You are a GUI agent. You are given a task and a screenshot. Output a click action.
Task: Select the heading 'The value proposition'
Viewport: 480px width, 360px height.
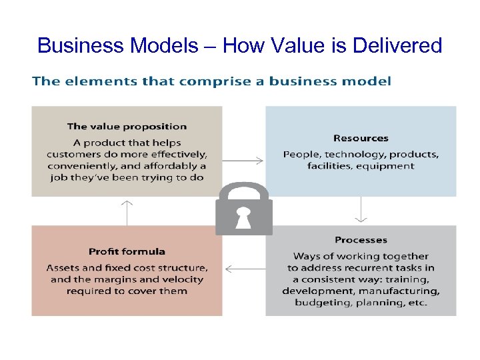click(x=127, y=126)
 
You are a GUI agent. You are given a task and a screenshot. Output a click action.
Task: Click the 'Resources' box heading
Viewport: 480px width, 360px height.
click(x=361, y=138)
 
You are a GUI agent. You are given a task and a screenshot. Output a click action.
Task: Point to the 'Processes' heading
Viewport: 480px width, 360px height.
click(x=361, y=240)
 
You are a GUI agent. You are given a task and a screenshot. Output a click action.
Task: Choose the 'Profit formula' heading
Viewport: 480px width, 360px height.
click(x=127, y=251)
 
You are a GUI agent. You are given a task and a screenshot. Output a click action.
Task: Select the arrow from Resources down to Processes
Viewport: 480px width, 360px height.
click(x=361, y=209)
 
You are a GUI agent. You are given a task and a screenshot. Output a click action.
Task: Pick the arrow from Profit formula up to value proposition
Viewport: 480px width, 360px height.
click(x=127, y=212)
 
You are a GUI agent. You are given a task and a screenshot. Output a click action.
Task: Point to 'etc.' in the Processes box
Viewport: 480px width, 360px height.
click(x=417, y=303)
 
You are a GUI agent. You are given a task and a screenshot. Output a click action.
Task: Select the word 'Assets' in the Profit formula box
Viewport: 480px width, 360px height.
click(x=62, y=267)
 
